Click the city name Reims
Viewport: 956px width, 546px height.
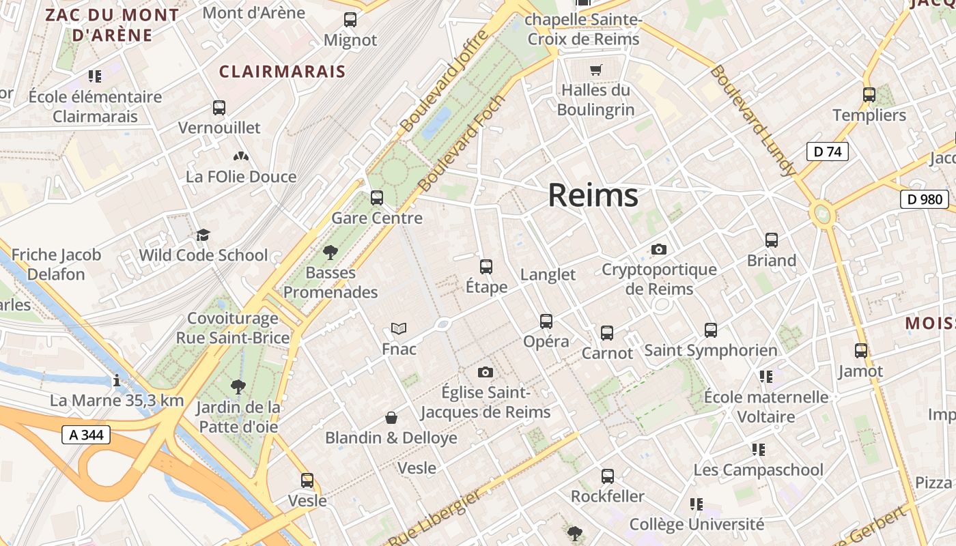pyautogui.click(x=593, y=195)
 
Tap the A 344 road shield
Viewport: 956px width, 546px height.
pyautogui.click(x=86, y=434)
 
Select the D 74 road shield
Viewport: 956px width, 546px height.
pyautogui.click(x=827, y=152)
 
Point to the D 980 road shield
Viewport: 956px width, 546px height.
pyautogui.click(x=925, y=199)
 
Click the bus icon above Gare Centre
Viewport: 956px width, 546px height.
pyautogui.click(x=376, y=198)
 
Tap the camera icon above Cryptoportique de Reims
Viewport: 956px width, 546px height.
pyautogui.click(x=658, y=249)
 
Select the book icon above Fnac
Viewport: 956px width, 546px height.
pyautogui.click(x=399, y=329)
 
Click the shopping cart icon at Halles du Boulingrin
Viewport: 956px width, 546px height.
pyautogui.click(x=596, y=70)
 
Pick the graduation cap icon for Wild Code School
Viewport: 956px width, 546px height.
pyautogui.click(x=203, y=235)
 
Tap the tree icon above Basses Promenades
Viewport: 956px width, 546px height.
pyautogui.click(x=331, y=253)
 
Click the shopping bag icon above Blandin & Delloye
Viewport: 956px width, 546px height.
pyautogui.click(x=391, y=417)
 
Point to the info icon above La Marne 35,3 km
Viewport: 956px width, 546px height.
pyautogui.click(x=117, y=380)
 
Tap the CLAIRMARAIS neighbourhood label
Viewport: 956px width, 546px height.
pyautogui.click(x=282, y=72)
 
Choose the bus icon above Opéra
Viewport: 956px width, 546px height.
pyautogui.click(x=546, y=321)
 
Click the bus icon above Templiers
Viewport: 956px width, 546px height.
pyautogui.click(x=869, y=95)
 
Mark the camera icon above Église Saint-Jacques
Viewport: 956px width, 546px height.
pyautogui.click(x=485, y=372)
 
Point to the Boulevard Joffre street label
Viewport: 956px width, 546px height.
pyautogui.click(x=444, y=82)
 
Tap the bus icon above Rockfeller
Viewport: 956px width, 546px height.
pyautogui.click(x=607, y=476)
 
